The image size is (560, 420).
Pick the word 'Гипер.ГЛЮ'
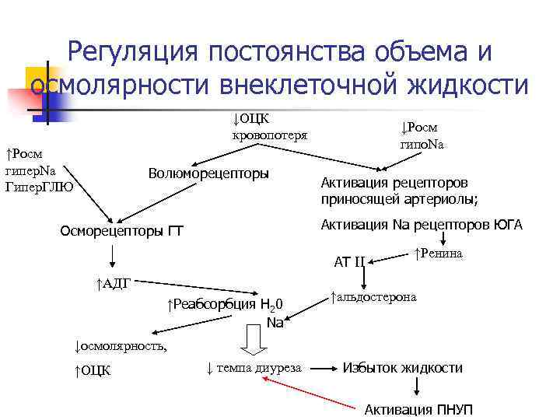pyautogui.click(x=40, y=186)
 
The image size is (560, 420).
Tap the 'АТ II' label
pyautogui.click(x=349, y=261)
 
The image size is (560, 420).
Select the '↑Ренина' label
pyautogui.click(x=439, y=253)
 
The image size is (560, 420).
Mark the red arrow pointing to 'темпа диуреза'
pyautogui.click(x=312, y=389)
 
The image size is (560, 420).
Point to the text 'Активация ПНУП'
pyautogui.click(x=419, y=410)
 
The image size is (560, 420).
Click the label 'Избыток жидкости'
pyautogui.click(x=403, y=368)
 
